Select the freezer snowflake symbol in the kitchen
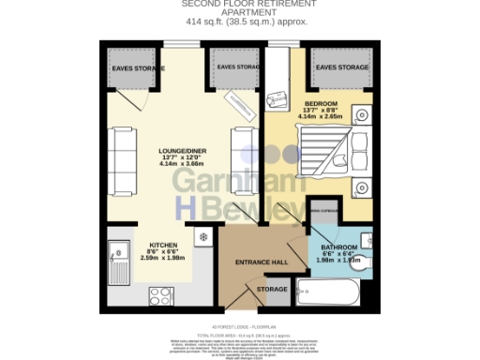[201, 235]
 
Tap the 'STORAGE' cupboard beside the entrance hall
[273, 290]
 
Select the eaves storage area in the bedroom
[338, 68]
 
